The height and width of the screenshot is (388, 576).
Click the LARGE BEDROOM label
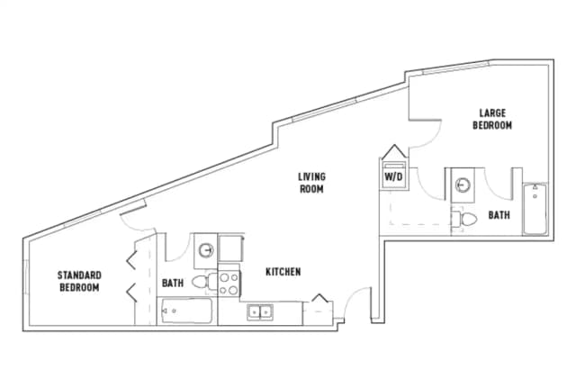click(492, 120)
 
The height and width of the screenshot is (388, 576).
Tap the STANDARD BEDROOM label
click(79, 281)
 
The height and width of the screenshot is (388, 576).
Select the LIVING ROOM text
click(311, 183)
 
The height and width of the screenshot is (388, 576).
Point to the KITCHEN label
click(283, 272)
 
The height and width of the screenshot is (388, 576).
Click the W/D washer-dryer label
click(394, 176)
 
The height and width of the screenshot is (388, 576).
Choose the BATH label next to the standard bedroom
click(173, 283)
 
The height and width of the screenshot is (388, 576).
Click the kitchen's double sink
click(262, 311)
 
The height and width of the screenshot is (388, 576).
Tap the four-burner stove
click(228, 284)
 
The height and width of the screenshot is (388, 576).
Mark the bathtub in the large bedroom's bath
click(535, 208)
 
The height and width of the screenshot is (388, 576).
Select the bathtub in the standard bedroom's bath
click(186, 313)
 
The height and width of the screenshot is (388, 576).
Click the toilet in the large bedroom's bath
click(465, 219)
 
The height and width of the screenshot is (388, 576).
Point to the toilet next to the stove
click(204, 283)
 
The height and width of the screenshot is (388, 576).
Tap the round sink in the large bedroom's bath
click(462, 185)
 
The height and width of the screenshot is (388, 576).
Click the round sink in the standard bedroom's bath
click(206, 250)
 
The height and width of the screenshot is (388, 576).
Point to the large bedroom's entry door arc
click(425, 135)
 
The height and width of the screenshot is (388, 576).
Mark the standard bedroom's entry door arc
click(145, 231)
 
